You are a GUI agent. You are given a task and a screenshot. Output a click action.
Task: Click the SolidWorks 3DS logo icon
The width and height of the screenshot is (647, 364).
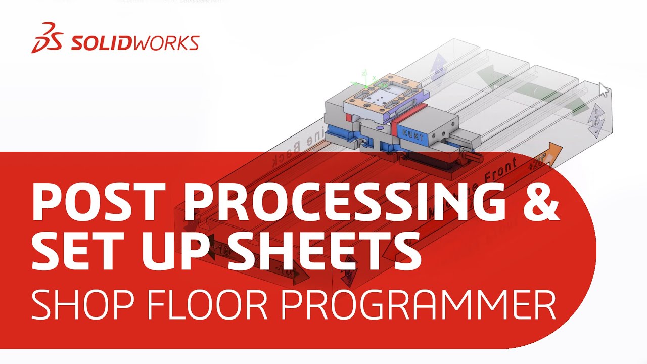47,38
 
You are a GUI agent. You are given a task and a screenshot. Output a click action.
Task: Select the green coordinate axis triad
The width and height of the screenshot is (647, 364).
367,79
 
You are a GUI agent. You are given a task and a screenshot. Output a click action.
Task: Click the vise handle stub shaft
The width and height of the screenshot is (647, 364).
474,155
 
